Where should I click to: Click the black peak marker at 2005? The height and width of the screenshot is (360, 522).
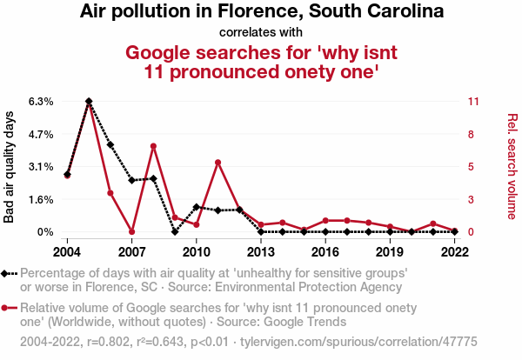click(x=89, y=102)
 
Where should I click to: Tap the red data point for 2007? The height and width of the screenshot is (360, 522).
click(x=131, y=231)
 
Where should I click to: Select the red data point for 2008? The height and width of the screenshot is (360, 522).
click(x=153, y=146)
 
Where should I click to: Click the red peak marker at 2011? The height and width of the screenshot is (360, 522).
click(x=217, y=163)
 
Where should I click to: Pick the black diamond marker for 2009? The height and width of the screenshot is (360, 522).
click(x=175, y=231)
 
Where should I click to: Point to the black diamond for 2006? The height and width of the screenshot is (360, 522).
click(x=110, y=144)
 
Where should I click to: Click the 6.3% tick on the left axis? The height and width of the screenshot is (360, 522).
click(x=41, y=102)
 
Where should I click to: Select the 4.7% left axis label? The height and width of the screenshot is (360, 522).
click(x=41, y=134)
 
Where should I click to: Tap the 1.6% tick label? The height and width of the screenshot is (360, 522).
click(x=41, y=199)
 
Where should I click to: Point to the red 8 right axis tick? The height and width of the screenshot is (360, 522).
click(x=471, y=134)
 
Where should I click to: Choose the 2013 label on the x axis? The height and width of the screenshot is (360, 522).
click(x=261, y=251)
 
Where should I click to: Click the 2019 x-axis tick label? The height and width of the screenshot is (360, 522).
click(x=390, y=251)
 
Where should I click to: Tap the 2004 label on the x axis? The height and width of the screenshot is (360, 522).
click(x=67, y=251)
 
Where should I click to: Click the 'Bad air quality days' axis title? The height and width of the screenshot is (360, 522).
click(x=10, y=166)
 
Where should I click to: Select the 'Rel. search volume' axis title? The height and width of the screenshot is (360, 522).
click(x=512, y=166)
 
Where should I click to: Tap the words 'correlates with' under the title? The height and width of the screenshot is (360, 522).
click(x=261, y=33)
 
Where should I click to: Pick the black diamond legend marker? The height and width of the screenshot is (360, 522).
click(x=9, y=273)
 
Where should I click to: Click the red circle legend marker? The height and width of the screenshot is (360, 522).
click(x=9, y=308)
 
